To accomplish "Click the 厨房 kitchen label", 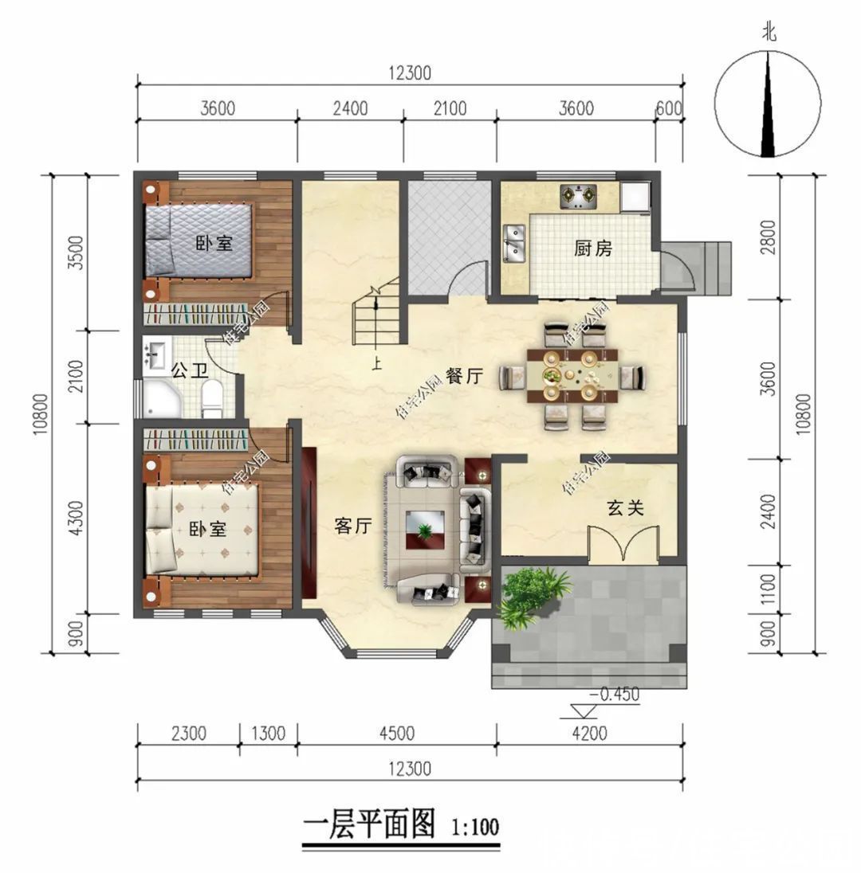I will click(x=593, y=249).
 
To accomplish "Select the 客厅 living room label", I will click(x=353, y=526).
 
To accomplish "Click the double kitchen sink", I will click(x=514, y=243).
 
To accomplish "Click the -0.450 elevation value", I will click(x=615, y=695).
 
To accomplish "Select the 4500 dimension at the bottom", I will click(x=396, y=734).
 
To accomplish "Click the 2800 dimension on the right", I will click(x=768, y=237).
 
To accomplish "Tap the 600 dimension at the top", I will click(x=669, y=109).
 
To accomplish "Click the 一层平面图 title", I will click(x=370, y=826).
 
